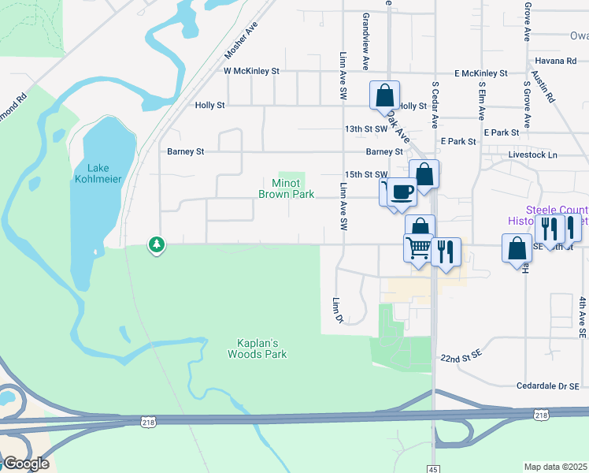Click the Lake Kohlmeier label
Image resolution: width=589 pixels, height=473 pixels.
tap(98, 173)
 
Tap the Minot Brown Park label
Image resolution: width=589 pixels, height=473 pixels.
tap(287, 188)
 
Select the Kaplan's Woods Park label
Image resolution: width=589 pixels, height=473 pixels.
tap(262, 348)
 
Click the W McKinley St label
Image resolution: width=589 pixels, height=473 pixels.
tap(252, 71)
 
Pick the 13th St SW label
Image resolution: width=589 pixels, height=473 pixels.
tap(366, 128)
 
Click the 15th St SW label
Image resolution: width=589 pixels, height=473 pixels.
tap(366, 174)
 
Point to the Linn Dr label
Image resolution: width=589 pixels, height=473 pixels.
tap(338, 309)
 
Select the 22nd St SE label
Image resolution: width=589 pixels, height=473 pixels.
tap(461, 358)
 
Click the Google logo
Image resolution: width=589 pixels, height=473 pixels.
tap(25, 464)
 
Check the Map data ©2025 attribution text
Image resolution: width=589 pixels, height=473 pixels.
tap(555, 467)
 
